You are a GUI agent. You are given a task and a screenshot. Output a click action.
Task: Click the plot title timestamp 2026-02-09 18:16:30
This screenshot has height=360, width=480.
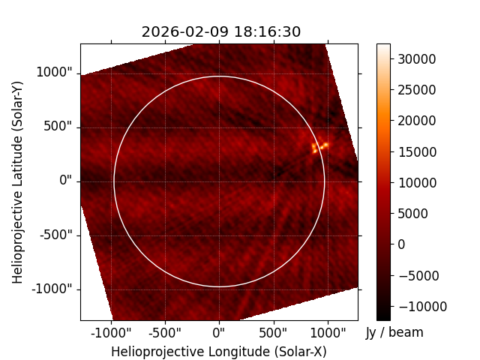point(221,31)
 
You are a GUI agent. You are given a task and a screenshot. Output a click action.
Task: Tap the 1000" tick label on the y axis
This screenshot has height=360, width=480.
point(54,73)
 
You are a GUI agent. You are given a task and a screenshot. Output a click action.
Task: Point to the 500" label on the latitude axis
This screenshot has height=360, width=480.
point(58,127)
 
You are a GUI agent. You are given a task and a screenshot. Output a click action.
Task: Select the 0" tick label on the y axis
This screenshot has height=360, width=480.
point(66,180)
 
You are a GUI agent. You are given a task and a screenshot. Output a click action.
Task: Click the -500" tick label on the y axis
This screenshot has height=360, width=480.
point(56,235)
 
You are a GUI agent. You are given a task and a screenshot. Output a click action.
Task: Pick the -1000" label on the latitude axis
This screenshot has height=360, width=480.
point(52,289)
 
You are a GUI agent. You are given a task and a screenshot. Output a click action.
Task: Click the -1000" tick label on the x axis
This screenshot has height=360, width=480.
point(111,332)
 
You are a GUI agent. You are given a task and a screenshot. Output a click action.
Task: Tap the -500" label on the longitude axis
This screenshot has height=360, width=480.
point(165,332)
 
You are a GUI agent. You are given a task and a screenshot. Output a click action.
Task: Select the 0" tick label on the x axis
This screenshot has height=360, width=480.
point(219,332)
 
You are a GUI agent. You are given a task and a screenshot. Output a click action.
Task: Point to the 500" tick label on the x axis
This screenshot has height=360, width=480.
point(273,332)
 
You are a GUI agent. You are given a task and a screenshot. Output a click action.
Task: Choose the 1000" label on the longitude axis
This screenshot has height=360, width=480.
point(328,332)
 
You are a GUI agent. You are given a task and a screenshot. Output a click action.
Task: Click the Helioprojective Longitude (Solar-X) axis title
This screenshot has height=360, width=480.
point(219,352)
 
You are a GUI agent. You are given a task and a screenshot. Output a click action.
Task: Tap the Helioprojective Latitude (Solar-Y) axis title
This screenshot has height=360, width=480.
point(17,182)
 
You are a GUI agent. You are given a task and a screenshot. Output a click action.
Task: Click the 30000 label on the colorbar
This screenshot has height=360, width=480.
point(417,59)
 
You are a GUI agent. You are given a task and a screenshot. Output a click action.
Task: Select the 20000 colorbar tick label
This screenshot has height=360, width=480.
point(417,121)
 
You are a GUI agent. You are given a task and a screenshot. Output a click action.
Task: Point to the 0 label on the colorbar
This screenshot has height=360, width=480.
point(401,244)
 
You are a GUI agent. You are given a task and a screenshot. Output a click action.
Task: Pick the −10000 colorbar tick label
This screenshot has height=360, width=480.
point(423,307)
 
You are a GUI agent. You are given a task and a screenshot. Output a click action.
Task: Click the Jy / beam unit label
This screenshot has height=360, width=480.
point(394,332)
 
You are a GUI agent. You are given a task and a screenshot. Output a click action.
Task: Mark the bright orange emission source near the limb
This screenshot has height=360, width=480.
point(319,145)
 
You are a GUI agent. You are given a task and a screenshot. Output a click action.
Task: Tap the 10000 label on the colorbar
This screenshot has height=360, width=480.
point(417,183)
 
